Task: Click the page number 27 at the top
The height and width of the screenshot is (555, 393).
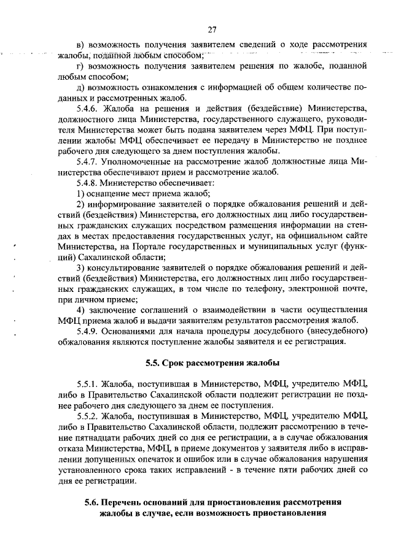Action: pyautogui.click(x=212, y=29)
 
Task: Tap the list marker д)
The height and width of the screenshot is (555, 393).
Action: pyautogui.click(x=79, y=88)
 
